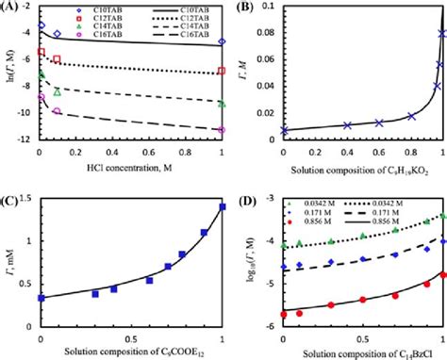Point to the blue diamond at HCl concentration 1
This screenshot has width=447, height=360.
222,42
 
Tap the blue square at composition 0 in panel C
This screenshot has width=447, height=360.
40,298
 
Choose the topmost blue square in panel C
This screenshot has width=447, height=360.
222,206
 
